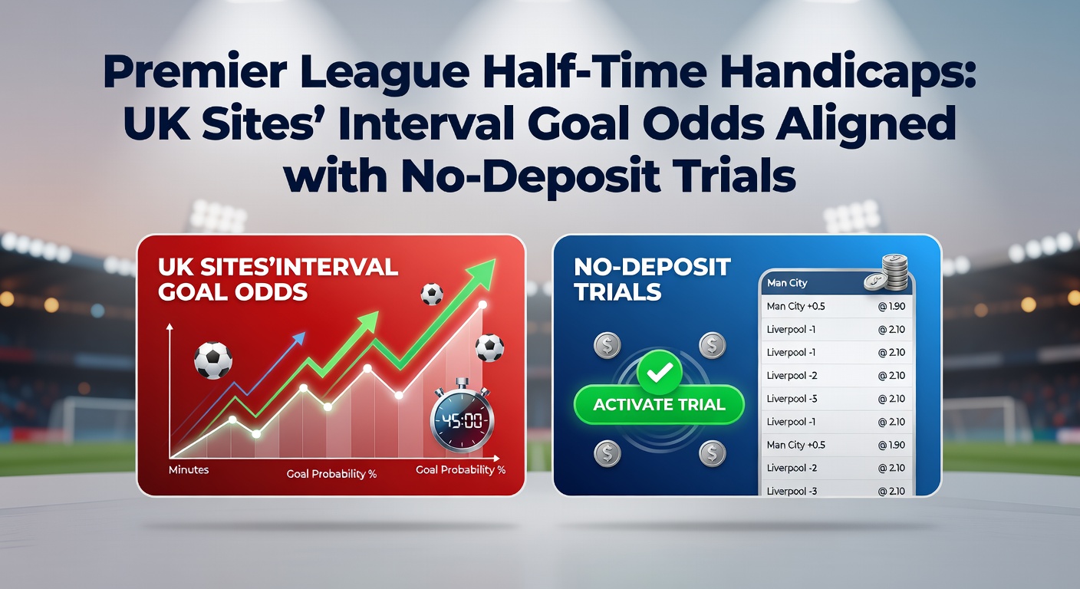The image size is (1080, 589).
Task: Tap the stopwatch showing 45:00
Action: (461, 419)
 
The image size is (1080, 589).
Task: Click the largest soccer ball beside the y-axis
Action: (212, 360)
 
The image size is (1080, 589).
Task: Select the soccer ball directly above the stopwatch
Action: (489, 348)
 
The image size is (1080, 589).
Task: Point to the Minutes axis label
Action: (189, 468)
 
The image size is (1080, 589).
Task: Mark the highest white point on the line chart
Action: (482, 305)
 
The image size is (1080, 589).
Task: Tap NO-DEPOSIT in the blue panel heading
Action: (652, 267)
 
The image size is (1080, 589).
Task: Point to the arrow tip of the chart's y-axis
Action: (170, 327)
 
